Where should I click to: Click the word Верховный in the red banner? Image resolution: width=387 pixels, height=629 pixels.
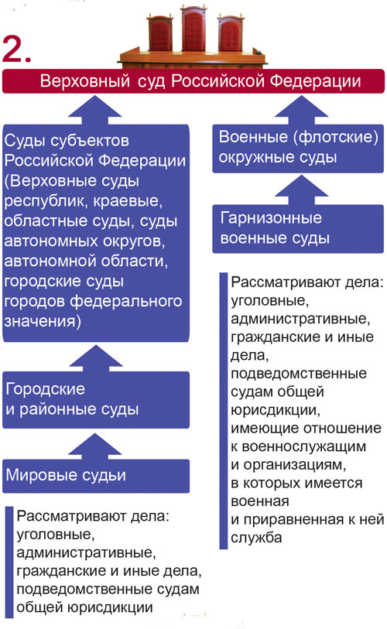point(85,81)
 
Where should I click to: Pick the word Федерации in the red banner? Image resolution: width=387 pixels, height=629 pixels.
point(315,81)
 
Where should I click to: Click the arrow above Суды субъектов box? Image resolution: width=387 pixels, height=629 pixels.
point(95,110)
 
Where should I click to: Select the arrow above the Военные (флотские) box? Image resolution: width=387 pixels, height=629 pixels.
point(301,110)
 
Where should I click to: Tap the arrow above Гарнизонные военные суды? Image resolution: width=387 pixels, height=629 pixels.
point(301,190)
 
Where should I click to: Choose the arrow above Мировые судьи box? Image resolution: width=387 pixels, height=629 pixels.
point(95,446)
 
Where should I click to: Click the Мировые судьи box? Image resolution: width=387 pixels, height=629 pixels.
point(96,476)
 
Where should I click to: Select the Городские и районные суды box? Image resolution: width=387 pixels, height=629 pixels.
point(96,399)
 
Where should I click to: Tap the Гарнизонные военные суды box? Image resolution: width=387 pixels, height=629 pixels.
point(298,229)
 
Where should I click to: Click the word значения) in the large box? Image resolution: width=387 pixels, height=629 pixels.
point(43,321)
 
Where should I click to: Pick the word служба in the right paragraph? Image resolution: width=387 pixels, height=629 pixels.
point(256,538)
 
